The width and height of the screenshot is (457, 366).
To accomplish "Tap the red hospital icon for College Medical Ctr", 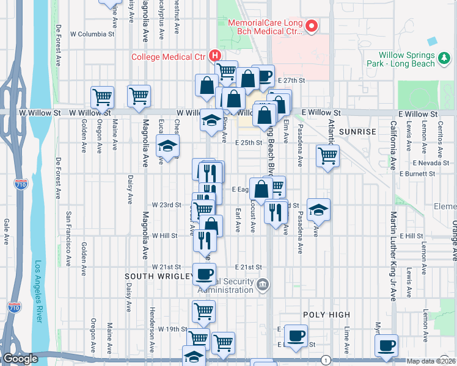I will coord(215,56).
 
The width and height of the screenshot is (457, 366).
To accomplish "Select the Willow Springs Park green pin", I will coord(444,59).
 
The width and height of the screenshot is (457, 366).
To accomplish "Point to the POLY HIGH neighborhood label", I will coord(326,315).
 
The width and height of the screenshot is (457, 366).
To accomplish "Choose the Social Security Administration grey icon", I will coord(262,284).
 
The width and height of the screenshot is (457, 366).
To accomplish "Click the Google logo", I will coord(20,359).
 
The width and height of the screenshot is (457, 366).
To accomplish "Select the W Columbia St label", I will coord(92,34).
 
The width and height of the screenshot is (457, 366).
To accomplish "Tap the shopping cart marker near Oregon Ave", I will coord(103,96).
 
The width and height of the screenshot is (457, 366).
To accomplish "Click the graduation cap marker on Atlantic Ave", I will coord(318,210).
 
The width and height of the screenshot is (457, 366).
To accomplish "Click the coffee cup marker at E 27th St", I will coord(263,76).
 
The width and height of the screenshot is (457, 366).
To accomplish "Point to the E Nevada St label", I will coord(431,163).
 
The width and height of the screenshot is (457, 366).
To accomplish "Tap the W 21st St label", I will coord(167,267).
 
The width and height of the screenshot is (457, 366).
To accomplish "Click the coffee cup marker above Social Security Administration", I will coord(204,273).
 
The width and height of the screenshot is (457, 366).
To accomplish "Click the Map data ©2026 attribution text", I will coord(431,361).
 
